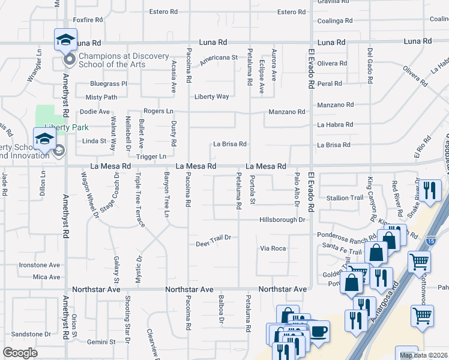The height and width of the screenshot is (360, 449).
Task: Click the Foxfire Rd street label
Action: [x=88, y=20]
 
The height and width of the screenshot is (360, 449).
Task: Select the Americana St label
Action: [x=219, y=58]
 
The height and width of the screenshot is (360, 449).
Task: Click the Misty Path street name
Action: [x=101, y=97]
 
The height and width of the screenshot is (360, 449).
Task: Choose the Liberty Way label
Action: [x=211, y=96]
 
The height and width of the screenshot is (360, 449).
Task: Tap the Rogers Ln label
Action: [x=158, y=111]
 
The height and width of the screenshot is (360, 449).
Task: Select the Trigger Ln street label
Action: [x=151, y=156]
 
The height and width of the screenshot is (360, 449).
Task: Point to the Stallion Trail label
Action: [x=345, y=197]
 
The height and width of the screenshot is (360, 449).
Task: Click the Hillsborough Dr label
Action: [x=283, y=220]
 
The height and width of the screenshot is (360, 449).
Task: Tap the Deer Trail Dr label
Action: [x=214, y=241]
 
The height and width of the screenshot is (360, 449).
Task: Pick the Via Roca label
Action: [x=273, y=248]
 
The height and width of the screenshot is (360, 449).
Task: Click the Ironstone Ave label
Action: [x=40, y=265]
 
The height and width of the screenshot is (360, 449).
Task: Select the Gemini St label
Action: [x=101, y=341]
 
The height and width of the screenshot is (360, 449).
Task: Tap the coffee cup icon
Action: [x=318, y=331]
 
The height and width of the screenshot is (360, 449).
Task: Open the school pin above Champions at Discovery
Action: [x=65, y=40]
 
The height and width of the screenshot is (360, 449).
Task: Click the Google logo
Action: [x=20, y=353]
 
